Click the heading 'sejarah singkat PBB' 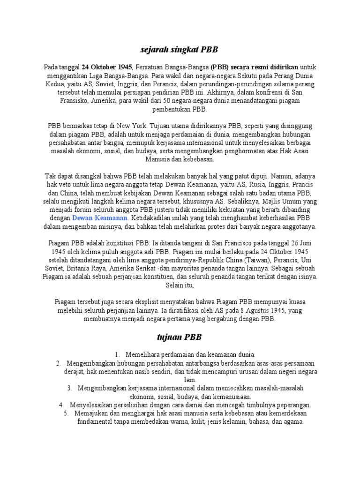pos(180,49)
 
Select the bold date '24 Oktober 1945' pos(107,67)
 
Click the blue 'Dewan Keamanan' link pos(100,218)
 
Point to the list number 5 pos(66,413)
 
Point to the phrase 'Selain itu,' pos(180,285)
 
